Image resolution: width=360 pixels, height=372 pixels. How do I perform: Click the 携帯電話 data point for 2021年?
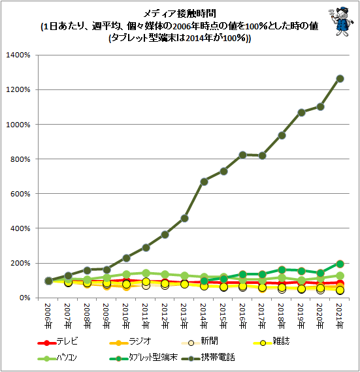tap(340, 79)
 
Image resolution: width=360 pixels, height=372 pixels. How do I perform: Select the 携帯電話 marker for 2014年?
tap(205, 182)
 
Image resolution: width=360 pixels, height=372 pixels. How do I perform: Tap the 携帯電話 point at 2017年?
tap(263, 155)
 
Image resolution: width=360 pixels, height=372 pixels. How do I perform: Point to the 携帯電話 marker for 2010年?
tap(127, 258)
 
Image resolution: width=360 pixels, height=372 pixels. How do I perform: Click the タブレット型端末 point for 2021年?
tap(340, 264)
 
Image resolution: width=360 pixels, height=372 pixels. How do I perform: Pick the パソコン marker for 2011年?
tap(146, 273)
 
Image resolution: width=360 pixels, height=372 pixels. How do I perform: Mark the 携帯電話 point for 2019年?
tap(301, 112)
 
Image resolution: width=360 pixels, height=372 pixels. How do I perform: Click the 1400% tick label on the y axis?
tap(18, 55)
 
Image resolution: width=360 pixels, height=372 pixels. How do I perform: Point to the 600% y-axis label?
tap(20, 194)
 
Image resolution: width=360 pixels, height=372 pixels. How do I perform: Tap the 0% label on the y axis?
tap(25, 298)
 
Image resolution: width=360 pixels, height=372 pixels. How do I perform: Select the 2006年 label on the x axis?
tap(48, 316)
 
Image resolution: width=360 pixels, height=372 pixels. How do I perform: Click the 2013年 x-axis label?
tap(184, 316)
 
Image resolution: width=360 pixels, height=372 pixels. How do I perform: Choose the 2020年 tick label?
tap(320, 316)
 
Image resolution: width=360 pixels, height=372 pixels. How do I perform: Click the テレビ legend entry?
tap(57, 341)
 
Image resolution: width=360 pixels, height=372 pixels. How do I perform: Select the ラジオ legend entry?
tap(130, 341)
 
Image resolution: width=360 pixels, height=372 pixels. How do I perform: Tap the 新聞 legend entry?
tap(200, 341)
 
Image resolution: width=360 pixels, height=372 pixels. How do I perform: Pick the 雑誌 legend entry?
tap(271, 341)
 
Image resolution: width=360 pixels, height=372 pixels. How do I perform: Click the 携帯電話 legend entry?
tap(208, 358)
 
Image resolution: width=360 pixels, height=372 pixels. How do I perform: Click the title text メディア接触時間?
tap(180, 14)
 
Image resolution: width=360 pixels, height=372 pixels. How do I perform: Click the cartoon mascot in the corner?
tap(341, 22)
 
